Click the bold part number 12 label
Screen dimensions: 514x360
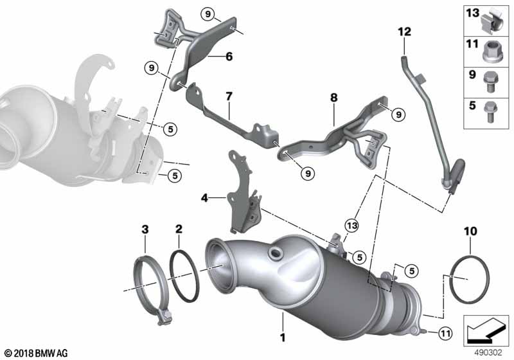click(405, 32)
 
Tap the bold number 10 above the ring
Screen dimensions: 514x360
click(470, 231)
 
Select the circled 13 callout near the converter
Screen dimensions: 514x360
click(351, 226)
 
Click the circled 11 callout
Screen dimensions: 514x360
click(445, 334)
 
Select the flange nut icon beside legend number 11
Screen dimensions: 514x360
click(490, 52)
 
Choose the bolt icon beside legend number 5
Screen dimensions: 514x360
click(490, 111)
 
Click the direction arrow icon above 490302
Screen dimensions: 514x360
click(486, 330)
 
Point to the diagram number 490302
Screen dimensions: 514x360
click(488, 353)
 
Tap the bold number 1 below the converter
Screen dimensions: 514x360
click(283, 337)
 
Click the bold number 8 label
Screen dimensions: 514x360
click(333, 97)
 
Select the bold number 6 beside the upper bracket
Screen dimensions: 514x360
click(229, 57)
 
